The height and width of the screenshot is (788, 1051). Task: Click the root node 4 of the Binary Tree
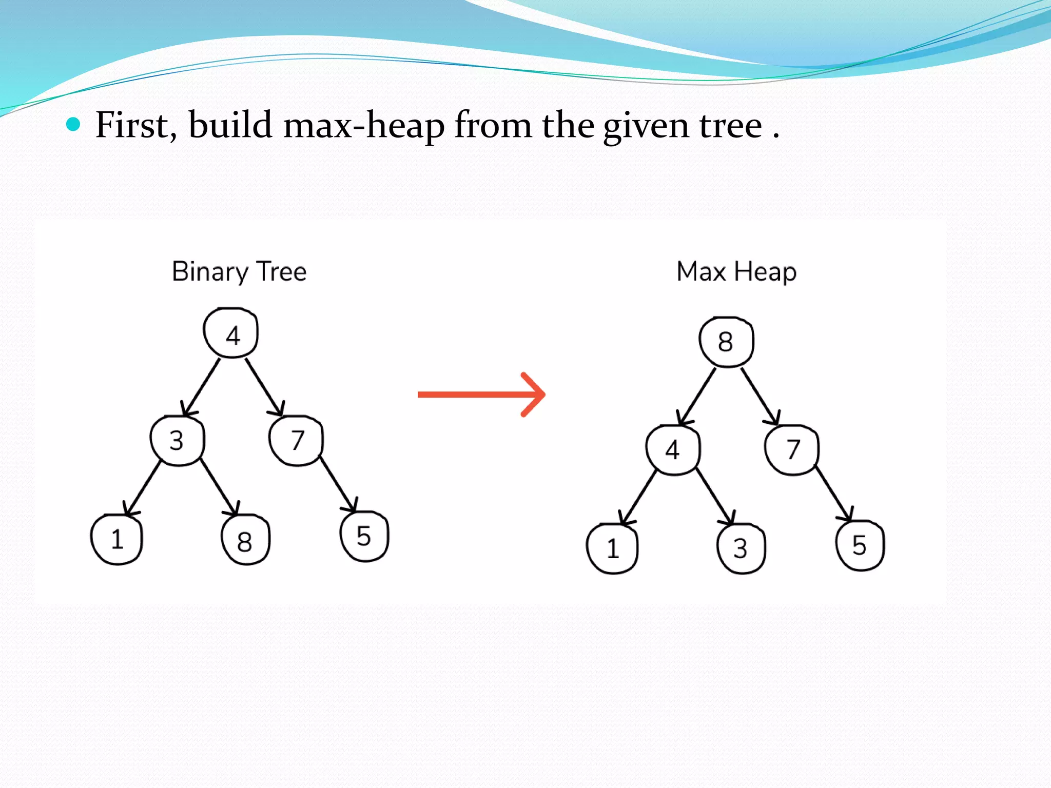[x=231, y=333]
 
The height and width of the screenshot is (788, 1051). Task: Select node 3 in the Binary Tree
[x=177, y=441]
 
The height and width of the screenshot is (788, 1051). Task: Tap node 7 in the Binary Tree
[x=296, y=441]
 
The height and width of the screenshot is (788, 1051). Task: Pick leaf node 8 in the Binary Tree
[x=245, y=540]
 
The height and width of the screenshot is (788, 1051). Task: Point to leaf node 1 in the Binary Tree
[x=116, y=539]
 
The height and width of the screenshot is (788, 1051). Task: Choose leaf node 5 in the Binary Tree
[x=364, y=536]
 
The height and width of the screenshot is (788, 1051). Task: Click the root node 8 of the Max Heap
[x=726, y=342]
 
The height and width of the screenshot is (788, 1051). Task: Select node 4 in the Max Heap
[x=673, y=450]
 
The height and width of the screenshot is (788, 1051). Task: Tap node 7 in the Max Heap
[x=792, y=450]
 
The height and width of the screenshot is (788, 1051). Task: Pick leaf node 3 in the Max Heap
[x=741, y=548]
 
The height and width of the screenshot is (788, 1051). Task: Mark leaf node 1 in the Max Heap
[x=612, y=548]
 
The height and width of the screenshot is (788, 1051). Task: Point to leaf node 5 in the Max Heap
[x=860, y=545]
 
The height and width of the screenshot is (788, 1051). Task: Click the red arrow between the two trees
[x=481, y=394]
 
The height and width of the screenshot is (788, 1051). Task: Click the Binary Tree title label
[x=239, y=271]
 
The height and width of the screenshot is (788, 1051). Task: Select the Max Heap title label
[x=736, y=271]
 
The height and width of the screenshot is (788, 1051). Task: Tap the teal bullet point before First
[x=74, y=124]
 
